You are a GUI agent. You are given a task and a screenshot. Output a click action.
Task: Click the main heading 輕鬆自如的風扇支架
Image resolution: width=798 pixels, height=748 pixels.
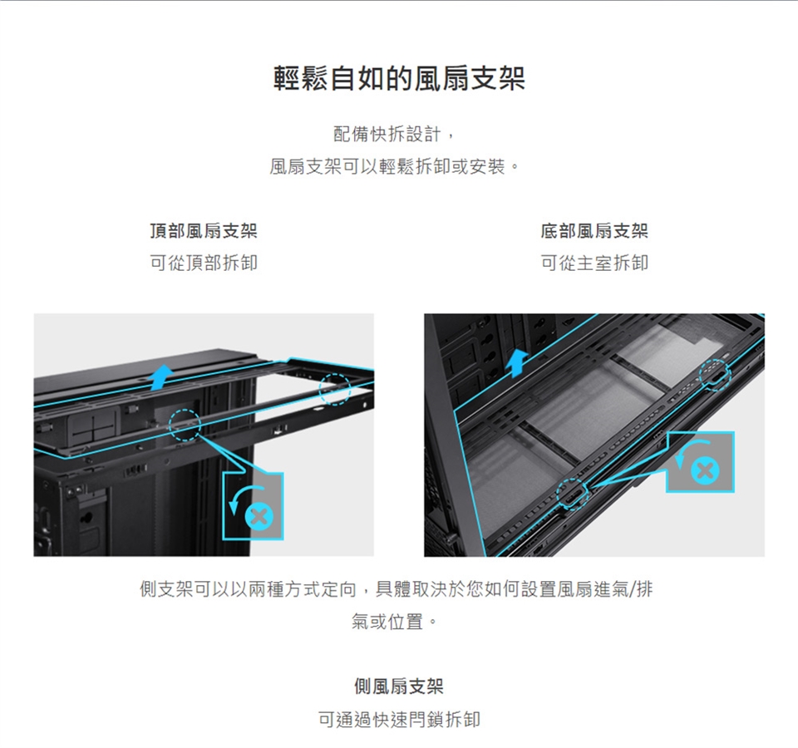point(399,78)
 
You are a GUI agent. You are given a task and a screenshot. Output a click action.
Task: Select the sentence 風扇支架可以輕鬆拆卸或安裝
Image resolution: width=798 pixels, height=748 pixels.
point(388,166)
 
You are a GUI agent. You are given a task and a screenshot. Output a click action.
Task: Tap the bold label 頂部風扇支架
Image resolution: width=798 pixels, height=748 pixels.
point(204,231)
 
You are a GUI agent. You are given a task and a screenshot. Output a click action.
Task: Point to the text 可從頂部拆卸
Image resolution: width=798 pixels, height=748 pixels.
point(204,263)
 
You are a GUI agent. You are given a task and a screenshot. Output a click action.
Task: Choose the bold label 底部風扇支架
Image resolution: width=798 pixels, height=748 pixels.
point(594,231)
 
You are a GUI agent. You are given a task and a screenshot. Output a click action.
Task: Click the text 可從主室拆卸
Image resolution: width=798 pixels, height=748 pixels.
point(594,263)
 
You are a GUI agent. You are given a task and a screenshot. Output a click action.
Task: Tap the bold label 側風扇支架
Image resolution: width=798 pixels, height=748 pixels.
point(399,686)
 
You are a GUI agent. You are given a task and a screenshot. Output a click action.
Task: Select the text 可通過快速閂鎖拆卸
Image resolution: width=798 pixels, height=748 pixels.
point(399,719)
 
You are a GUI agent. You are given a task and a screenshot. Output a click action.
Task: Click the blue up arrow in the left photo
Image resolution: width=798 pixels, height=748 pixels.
point(162,377)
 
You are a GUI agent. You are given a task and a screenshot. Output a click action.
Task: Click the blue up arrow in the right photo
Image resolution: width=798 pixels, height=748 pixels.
point(517,363)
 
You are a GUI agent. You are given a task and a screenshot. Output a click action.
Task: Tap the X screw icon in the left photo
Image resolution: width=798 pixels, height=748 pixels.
point(259,518)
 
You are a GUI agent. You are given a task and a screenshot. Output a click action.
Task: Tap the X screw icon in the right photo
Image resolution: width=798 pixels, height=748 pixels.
point(706,470)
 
